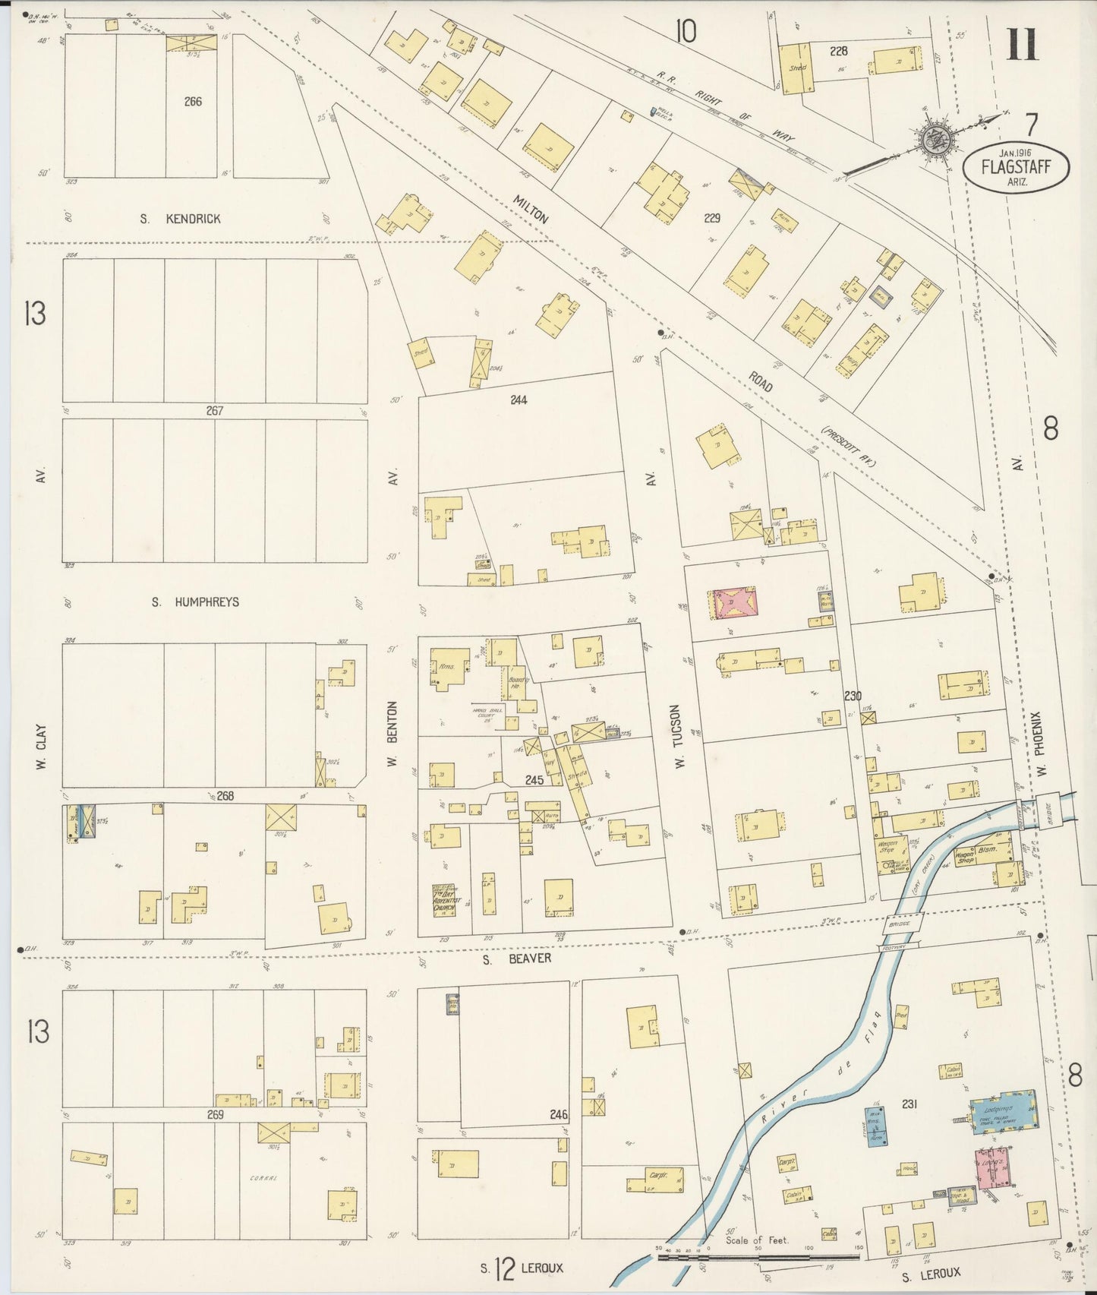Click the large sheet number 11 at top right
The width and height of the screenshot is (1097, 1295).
pyautogui.click(x=1022, y=44)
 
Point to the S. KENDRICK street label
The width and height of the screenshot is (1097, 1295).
pyautogui.click(x=181, y=219)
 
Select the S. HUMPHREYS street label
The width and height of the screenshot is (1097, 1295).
pyautogui.click(x=195, y=602)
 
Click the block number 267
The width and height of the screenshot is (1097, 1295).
pyautogui.click(x=214, y=411)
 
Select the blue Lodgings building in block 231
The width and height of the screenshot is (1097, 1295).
pyautogui.click(x=1004, y=1110)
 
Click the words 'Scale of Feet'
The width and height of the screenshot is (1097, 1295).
pyautogui.click(x=757, y=1240)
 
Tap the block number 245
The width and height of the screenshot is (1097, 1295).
pyautogui.click(x=534, y=780)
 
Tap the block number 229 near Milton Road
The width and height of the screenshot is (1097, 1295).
pyautogui.click(x=711, y=218)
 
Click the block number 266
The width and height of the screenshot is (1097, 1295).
pyautogui.click(x=193, y=101)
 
